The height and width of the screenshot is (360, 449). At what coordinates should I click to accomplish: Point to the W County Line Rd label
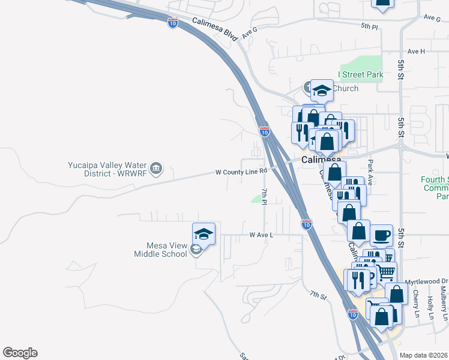(241, 172)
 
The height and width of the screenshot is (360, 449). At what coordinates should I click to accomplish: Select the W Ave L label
(261, 235)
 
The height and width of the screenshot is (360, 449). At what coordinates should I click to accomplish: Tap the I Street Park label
(360, 75)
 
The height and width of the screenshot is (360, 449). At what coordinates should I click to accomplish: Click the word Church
(345, 89)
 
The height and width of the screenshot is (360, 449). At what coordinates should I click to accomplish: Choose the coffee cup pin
(381, 235)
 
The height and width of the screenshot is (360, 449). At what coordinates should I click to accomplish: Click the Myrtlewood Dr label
(428, 281)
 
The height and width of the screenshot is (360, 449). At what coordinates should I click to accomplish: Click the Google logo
(20, 353)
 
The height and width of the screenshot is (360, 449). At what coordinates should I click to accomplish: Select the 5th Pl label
(370, 27)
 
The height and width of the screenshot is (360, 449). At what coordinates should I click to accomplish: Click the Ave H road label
(416, 52)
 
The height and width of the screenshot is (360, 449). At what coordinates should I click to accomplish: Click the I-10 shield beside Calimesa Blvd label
(173, 23)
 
